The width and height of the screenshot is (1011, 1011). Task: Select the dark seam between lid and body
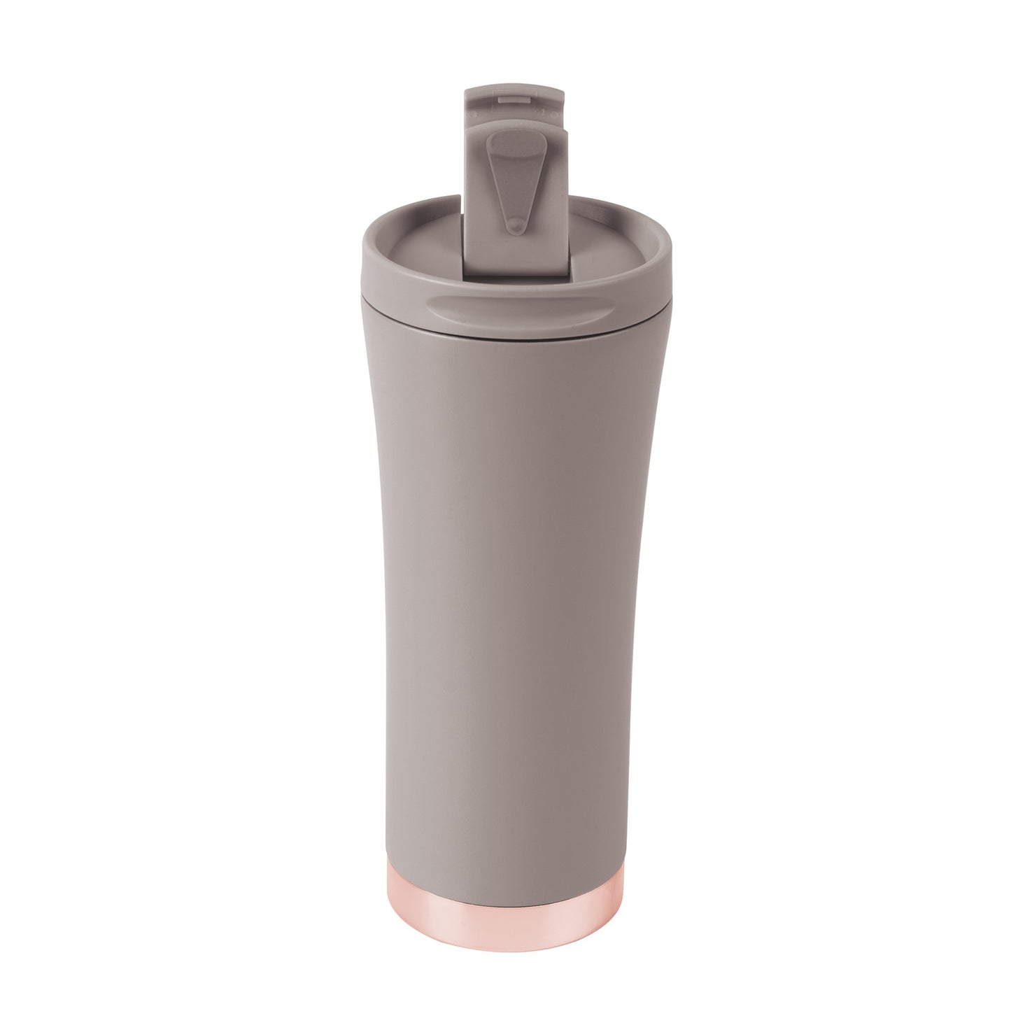click(x=514, y=335)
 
